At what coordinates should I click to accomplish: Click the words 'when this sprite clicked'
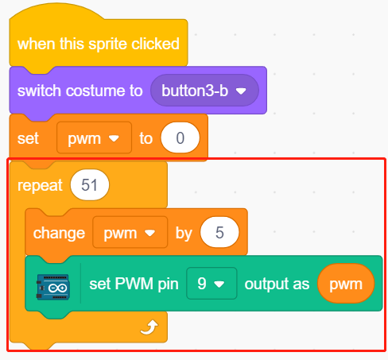[99, 44]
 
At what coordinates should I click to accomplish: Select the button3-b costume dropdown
[204, 91]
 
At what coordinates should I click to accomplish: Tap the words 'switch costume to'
[80, 91]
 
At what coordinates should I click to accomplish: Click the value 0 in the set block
[180, 137]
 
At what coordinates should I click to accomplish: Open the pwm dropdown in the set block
[94, 137]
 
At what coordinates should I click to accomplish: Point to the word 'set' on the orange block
[28, 138]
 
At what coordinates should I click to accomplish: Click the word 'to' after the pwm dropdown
[146, 138]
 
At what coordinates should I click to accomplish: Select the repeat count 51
[90, 185]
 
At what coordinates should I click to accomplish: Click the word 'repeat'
[40, 185]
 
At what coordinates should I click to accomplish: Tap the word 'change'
[59, 233]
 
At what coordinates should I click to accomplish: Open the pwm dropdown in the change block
[130, 232]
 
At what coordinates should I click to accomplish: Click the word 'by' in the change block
[184, 234]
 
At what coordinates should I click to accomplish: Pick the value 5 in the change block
[219, 232]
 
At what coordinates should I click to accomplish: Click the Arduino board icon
[53, 287]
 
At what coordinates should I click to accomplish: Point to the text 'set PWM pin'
[134, 284]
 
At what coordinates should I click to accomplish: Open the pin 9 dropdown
[211, 284]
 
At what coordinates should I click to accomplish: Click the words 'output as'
[277, 284]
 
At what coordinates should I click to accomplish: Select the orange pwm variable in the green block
[346, 284]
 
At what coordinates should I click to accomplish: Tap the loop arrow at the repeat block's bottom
[149, 327]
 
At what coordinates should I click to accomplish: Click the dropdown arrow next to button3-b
[241, 91]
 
